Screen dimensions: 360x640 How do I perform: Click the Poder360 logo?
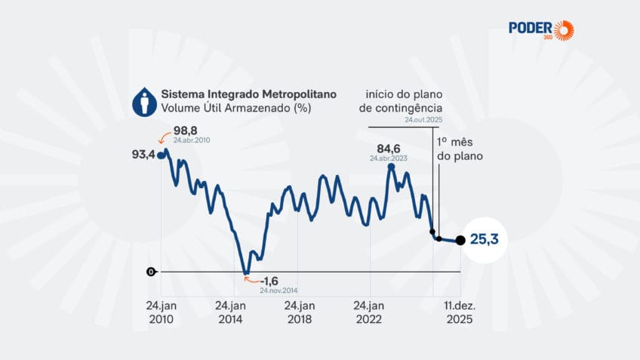tap(540, 30)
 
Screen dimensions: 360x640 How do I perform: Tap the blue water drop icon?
tap(144, 102)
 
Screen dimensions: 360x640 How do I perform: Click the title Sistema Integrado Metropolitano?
tap(248, 95)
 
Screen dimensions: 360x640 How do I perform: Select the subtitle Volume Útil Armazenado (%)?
tap(236, 109)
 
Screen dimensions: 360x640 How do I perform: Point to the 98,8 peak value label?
tap(186, 131)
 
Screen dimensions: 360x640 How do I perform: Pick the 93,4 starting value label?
tap(143, 155)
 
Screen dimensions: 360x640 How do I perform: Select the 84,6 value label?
tap(389, 148)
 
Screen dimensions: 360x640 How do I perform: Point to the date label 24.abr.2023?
tap(389, 158)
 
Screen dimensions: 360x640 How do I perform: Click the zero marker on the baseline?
tap(151, 272)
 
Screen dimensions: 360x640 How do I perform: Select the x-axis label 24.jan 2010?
tap(161, 312)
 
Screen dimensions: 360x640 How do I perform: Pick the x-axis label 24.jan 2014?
tap(230, 312)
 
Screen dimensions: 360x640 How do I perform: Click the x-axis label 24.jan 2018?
tap(299, 312)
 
